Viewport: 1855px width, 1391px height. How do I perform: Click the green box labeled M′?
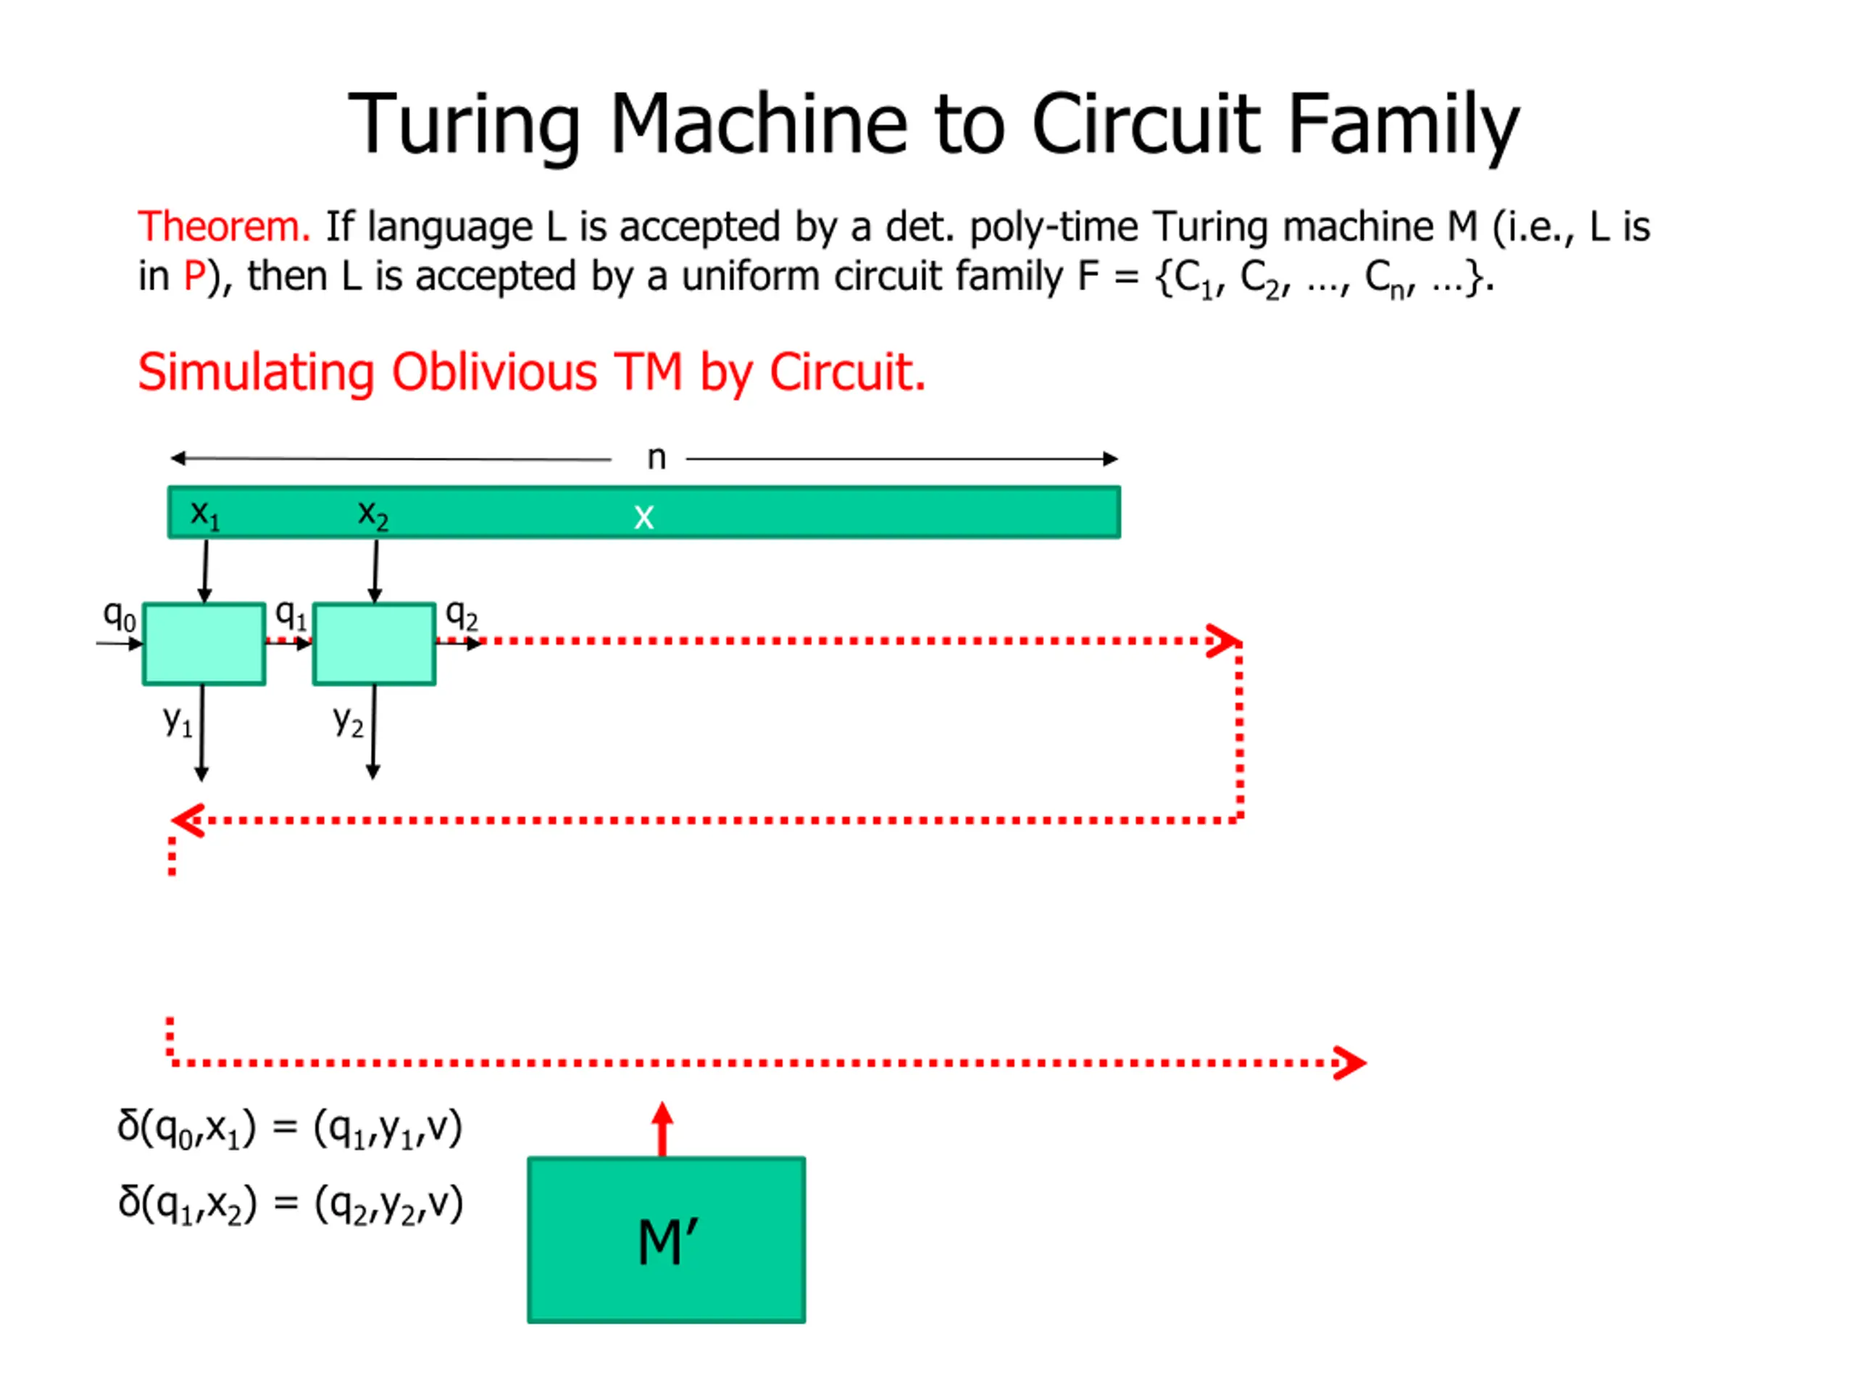[x=666, y=1240]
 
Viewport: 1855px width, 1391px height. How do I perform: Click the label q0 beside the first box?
[x=119, y=617]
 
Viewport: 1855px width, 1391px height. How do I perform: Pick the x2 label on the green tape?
[x=373, y=513]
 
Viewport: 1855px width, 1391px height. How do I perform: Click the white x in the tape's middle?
[x=643, y=517]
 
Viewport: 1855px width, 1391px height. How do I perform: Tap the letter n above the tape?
[x=656, y=458]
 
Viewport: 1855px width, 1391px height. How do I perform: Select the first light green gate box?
[x=204, y=644]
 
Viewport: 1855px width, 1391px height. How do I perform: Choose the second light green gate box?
[x=374, y=644]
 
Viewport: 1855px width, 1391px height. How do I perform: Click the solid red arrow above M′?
[x=662, y=1129]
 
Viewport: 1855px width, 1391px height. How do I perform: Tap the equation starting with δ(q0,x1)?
[x=290, y=1129]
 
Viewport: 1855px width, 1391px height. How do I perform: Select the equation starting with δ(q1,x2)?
[x=290, y=1205]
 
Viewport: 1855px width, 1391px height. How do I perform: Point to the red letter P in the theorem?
[x=194, y=276]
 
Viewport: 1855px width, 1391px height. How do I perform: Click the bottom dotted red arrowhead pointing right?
[x=1349, y=1063]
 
